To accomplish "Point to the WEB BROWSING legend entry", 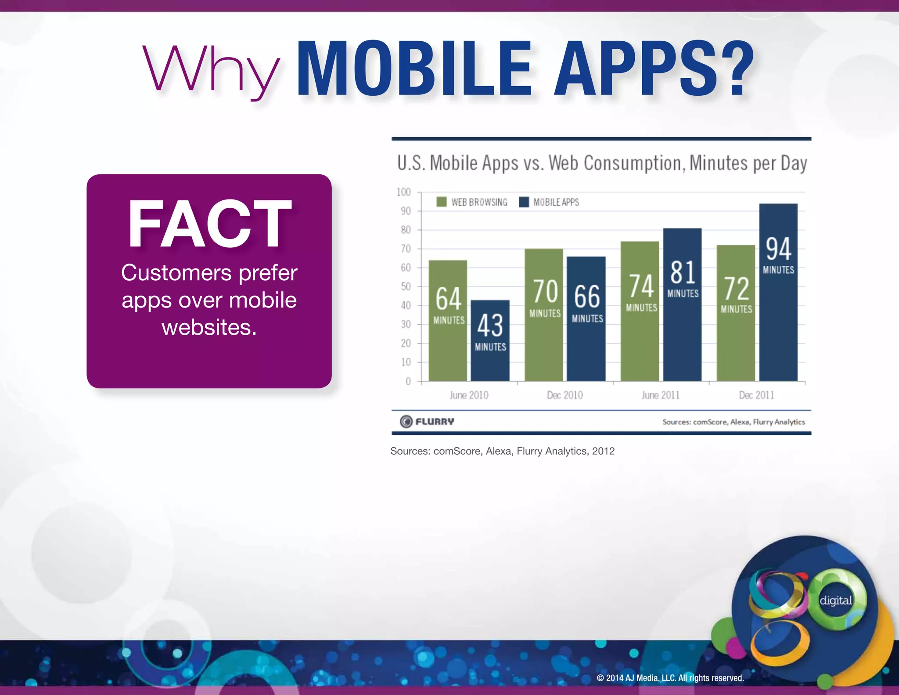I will point(472,202).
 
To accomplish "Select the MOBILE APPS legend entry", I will point(549,202).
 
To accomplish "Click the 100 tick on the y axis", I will point(403,192).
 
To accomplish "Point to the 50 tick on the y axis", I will point(406,286).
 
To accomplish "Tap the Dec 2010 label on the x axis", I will point(565,395).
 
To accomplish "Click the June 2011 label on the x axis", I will point(660,395).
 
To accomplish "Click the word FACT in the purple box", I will point(209,224).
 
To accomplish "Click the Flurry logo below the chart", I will point(427,421).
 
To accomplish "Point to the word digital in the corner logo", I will point(836,600).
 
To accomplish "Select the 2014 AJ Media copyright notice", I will point(670,678).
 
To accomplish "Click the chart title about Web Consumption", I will point(602,163).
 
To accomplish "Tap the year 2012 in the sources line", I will point(603,451).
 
